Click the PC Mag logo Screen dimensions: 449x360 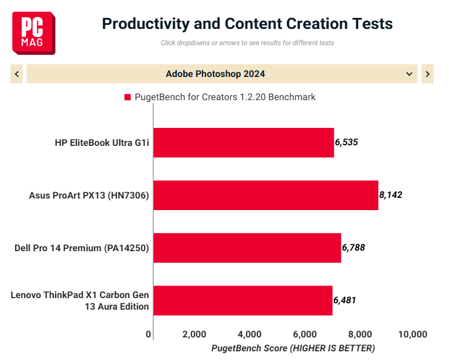34,33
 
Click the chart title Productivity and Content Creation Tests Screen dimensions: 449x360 247,24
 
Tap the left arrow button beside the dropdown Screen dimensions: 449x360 17,74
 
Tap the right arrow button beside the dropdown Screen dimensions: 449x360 428,74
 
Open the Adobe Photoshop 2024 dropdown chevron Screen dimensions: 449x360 409,74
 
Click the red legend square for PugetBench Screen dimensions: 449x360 127,97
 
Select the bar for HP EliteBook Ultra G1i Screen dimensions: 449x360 244,142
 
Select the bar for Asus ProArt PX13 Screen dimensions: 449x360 266,195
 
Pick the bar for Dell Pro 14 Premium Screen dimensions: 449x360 247,248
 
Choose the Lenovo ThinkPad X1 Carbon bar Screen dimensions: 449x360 243,300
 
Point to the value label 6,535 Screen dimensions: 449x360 347,142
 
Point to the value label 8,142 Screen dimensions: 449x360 391,195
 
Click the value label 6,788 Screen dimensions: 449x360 354,248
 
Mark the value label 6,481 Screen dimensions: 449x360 344,300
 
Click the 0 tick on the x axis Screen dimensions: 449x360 148,334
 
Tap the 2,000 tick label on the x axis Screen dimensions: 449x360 194,334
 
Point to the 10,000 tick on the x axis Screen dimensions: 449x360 413,334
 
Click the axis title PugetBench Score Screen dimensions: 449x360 293,348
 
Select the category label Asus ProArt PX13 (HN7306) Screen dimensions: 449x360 89,195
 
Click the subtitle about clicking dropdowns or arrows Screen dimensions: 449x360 247,43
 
